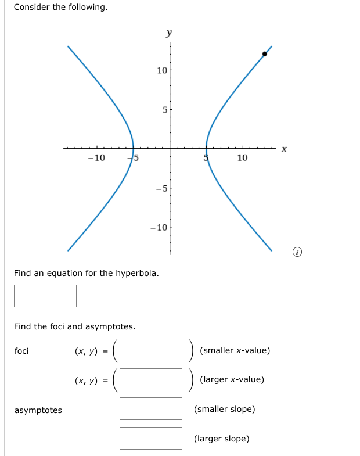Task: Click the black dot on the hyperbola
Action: pyautogui.click(x=265, y=53)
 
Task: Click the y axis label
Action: pyautogui.click(x=169, y=33)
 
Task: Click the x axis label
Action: pyautogui.click(x=284, y=149)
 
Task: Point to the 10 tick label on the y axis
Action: pyautogui.click(x=162, y=70)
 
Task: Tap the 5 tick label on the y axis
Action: pyautogui.click(x=164, y=110)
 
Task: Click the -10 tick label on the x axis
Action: pyautogui.click(x=96, y=158)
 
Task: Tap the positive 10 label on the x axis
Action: pyautogui.click(x=242, y=158)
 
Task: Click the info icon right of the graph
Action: pyautogui.click(x=297, y=252)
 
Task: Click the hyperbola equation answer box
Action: pyautogui.click(x=45, y=296)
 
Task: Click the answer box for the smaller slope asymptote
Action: pyautogui.click(x=151, y=408)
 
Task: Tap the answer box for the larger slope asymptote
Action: pyautogui.click(x=151, y=438)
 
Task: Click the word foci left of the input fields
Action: pyautogui.click(x=21, y=351)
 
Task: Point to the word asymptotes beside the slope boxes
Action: pyautogui.click(x=38, y=410)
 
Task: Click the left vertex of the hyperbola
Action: pyautogui.click(x=133, y=148)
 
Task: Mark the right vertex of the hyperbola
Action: pyautogui.click(x=206, y=148)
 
